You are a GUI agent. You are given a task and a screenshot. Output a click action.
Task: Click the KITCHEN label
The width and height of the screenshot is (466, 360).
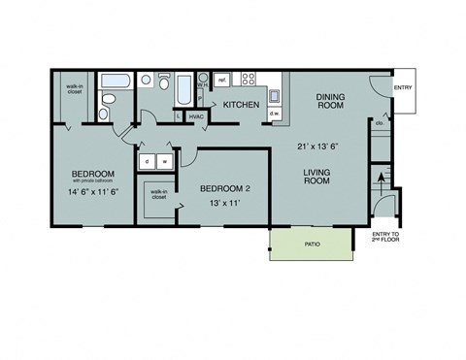241,104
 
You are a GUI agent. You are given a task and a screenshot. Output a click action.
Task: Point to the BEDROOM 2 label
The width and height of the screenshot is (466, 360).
225,188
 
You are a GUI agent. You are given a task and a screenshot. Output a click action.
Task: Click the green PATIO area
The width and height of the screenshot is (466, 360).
311,244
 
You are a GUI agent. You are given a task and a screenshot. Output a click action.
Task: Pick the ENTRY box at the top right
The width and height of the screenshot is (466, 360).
403,88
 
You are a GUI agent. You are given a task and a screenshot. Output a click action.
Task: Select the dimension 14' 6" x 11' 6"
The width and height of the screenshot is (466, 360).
94,192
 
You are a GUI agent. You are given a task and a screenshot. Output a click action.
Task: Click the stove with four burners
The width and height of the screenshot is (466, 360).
249,80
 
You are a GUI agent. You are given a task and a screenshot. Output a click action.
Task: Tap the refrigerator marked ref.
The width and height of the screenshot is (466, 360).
222,80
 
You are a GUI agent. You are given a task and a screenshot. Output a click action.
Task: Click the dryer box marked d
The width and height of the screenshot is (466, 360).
150,161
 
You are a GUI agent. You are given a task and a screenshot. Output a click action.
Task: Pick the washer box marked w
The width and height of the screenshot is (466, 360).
165,161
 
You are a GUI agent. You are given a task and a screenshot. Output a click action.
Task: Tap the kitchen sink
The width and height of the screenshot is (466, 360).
275,95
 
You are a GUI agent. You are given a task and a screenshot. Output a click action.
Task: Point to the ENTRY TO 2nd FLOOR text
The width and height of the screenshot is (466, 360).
385,238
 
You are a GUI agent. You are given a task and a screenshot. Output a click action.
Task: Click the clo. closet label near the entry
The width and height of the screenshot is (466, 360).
379,124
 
